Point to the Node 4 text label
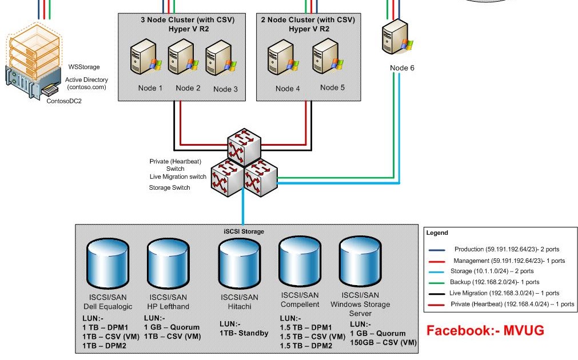coord(288,89)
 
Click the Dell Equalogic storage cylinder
coord(108,265)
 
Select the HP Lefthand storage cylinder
coord(168,265)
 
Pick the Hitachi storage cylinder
coord(240,265)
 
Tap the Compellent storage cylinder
coord(300,263)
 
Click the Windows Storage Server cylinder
coord(360,263)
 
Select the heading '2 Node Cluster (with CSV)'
coord(308,19)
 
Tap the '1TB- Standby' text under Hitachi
coord(244,333)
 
